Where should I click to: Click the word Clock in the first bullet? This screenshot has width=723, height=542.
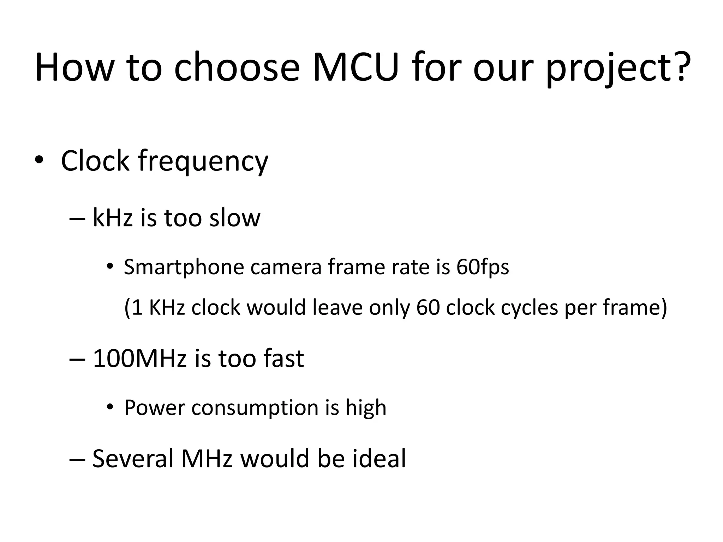point(95,161)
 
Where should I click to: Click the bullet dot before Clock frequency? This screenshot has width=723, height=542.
point(39,161)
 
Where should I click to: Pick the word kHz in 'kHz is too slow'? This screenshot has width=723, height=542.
point(113,217)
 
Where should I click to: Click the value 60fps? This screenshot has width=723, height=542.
point(483,267)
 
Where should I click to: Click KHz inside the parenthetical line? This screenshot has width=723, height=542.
point(167,307)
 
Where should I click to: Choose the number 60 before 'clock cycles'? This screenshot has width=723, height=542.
point(428,307)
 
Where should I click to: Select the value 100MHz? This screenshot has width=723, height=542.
point(139,359)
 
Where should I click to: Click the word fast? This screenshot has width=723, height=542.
point(283,359)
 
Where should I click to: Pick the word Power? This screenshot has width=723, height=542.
point(155,408)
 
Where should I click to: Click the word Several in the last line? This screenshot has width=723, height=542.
point(133,458)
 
